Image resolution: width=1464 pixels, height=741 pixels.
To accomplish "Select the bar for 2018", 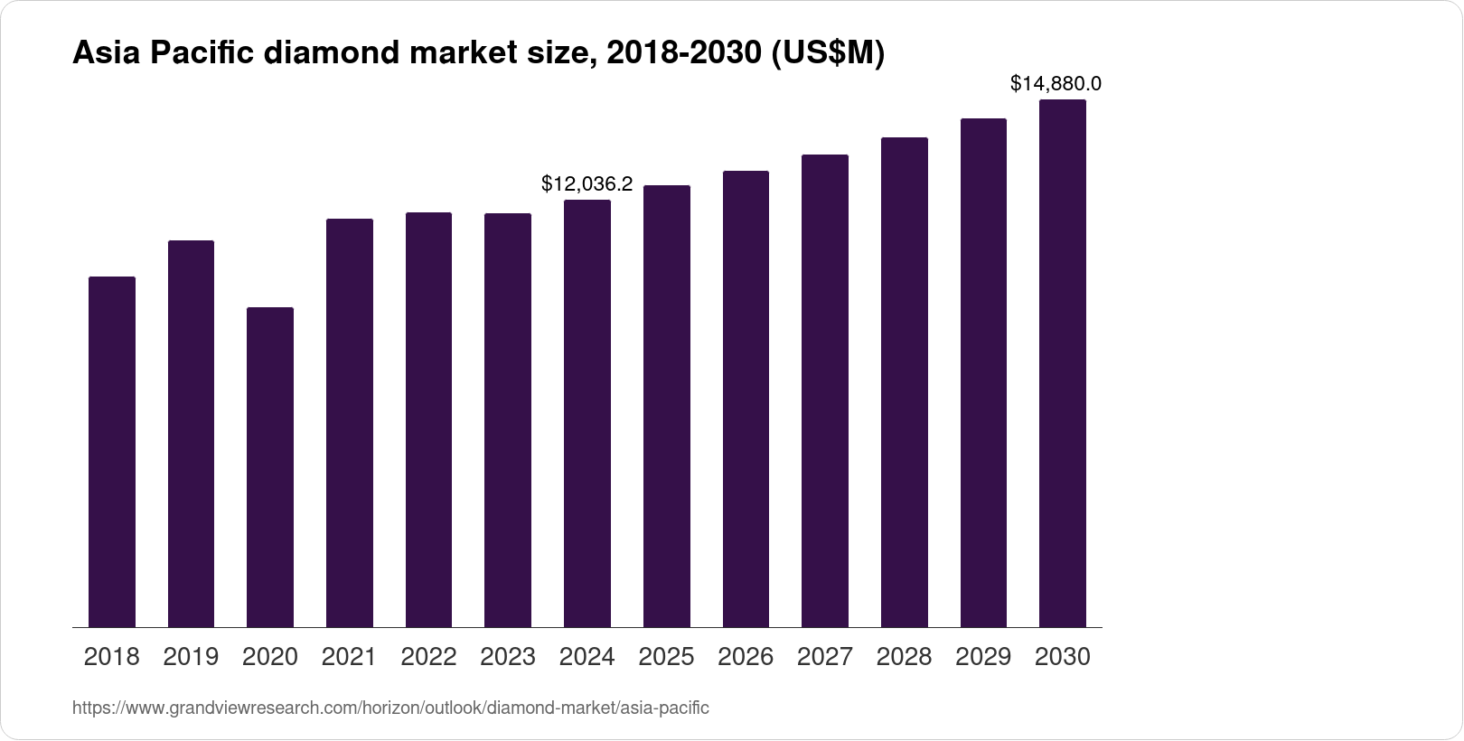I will coord(112,452).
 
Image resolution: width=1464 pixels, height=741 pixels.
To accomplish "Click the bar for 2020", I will coord(270,467).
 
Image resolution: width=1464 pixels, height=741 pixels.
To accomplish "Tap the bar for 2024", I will coord(587,413).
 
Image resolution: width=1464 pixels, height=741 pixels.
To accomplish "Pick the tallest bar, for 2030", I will coord(1063,363).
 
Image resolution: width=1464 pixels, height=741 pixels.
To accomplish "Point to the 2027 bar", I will coord(825,390).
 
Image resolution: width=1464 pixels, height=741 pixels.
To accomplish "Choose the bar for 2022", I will coord(428,419).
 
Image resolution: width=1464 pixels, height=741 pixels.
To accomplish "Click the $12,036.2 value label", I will coord(587,184).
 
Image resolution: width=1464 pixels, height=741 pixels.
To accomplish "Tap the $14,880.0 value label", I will coord(1056,84).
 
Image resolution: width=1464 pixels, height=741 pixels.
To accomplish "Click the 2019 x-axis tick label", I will coord(191,657).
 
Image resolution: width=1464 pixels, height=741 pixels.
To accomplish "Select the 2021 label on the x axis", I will coord(349,657).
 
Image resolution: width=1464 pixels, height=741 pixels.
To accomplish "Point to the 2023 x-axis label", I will coord(508,657).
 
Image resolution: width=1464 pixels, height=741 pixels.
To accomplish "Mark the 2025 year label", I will coord(666,657).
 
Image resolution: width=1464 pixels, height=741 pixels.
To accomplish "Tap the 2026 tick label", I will coord(746,657).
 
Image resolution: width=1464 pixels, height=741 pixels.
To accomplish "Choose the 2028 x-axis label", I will coord(904,657).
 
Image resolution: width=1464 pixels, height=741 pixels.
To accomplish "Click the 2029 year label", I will coord(983,657).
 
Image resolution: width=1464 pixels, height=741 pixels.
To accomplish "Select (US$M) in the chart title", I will coord(826,54).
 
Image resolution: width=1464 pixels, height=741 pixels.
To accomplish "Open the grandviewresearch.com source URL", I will coord(390,708).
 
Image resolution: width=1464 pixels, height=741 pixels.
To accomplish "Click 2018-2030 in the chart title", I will coord(683,54).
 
